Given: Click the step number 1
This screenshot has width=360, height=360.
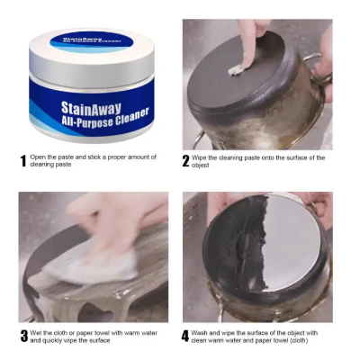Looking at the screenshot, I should pos(23,162).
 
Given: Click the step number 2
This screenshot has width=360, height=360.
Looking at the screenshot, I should pos(185,162).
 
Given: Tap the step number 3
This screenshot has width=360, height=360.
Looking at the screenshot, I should pos(23,337).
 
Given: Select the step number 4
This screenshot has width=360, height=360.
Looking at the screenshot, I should pos(185,337).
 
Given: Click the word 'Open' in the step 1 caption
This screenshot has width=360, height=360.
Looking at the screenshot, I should pos(39,157).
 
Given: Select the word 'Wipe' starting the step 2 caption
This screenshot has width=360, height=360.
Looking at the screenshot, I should pos(201,157).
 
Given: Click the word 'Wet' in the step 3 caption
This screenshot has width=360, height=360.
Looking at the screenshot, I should pos(37,333).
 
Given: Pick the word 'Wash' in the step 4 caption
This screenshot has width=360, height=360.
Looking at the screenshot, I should pos(202,333).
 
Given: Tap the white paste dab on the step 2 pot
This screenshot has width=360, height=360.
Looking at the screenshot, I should pos(236,68).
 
